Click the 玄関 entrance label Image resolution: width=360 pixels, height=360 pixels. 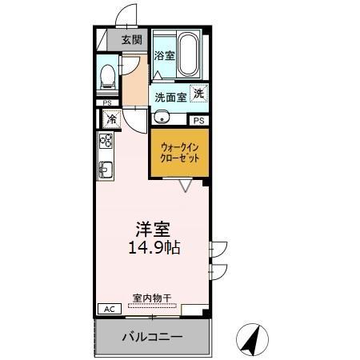[132, 39]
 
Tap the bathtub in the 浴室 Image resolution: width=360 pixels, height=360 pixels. [189, 54]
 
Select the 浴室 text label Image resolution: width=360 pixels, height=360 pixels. [164, 56]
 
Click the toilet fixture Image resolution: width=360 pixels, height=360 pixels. [106, 76]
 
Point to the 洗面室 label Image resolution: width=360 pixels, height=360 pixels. [170, 97]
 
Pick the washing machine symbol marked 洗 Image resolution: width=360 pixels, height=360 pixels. [198, 92]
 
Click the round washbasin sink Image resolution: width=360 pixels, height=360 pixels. [162, 117]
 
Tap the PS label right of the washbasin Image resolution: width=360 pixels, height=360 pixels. [198, 120]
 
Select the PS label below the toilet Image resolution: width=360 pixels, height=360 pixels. [106, 102]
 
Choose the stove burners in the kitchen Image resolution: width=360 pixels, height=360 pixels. [106, 142]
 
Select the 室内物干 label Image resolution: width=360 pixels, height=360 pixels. [152, 298]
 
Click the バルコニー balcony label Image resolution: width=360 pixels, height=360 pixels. [152, 337]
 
